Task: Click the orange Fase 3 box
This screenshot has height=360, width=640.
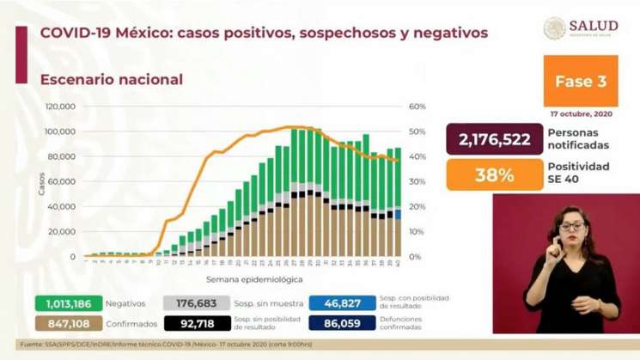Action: click(x=580, y=82)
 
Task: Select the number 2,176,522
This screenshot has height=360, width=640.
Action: click(x=494, y=140)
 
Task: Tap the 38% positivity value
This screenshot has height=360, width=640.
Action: click(x=494, y=174)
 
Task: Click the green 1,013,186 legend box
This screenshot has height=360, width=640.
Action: click(x=69, y=302)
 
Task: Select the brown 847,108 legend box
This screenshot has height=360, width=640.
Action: click(x=69, y=325)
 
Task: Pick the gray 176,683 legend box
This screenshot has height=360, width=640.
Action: click(x=197, y=302)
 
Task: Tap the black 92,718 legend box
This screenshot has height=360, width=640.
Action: click(x=197, y=325)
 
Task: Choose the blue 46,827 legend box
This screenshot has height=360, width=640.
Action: click(x=341, y=302)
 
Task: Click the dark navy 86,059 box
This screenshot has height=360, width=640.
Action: click(x=341, y=325)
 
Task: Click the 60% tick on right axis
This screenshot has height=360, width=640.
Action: click(x=418, y=107)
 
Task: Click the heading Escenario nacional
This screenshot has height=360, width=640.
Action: click(x=112, y=79)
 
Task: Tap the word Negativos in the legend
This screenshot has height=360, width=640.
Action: click(x=125, y=303)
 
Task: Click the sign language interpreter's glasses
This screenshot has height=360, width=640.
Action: click(x=571, y=226)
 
